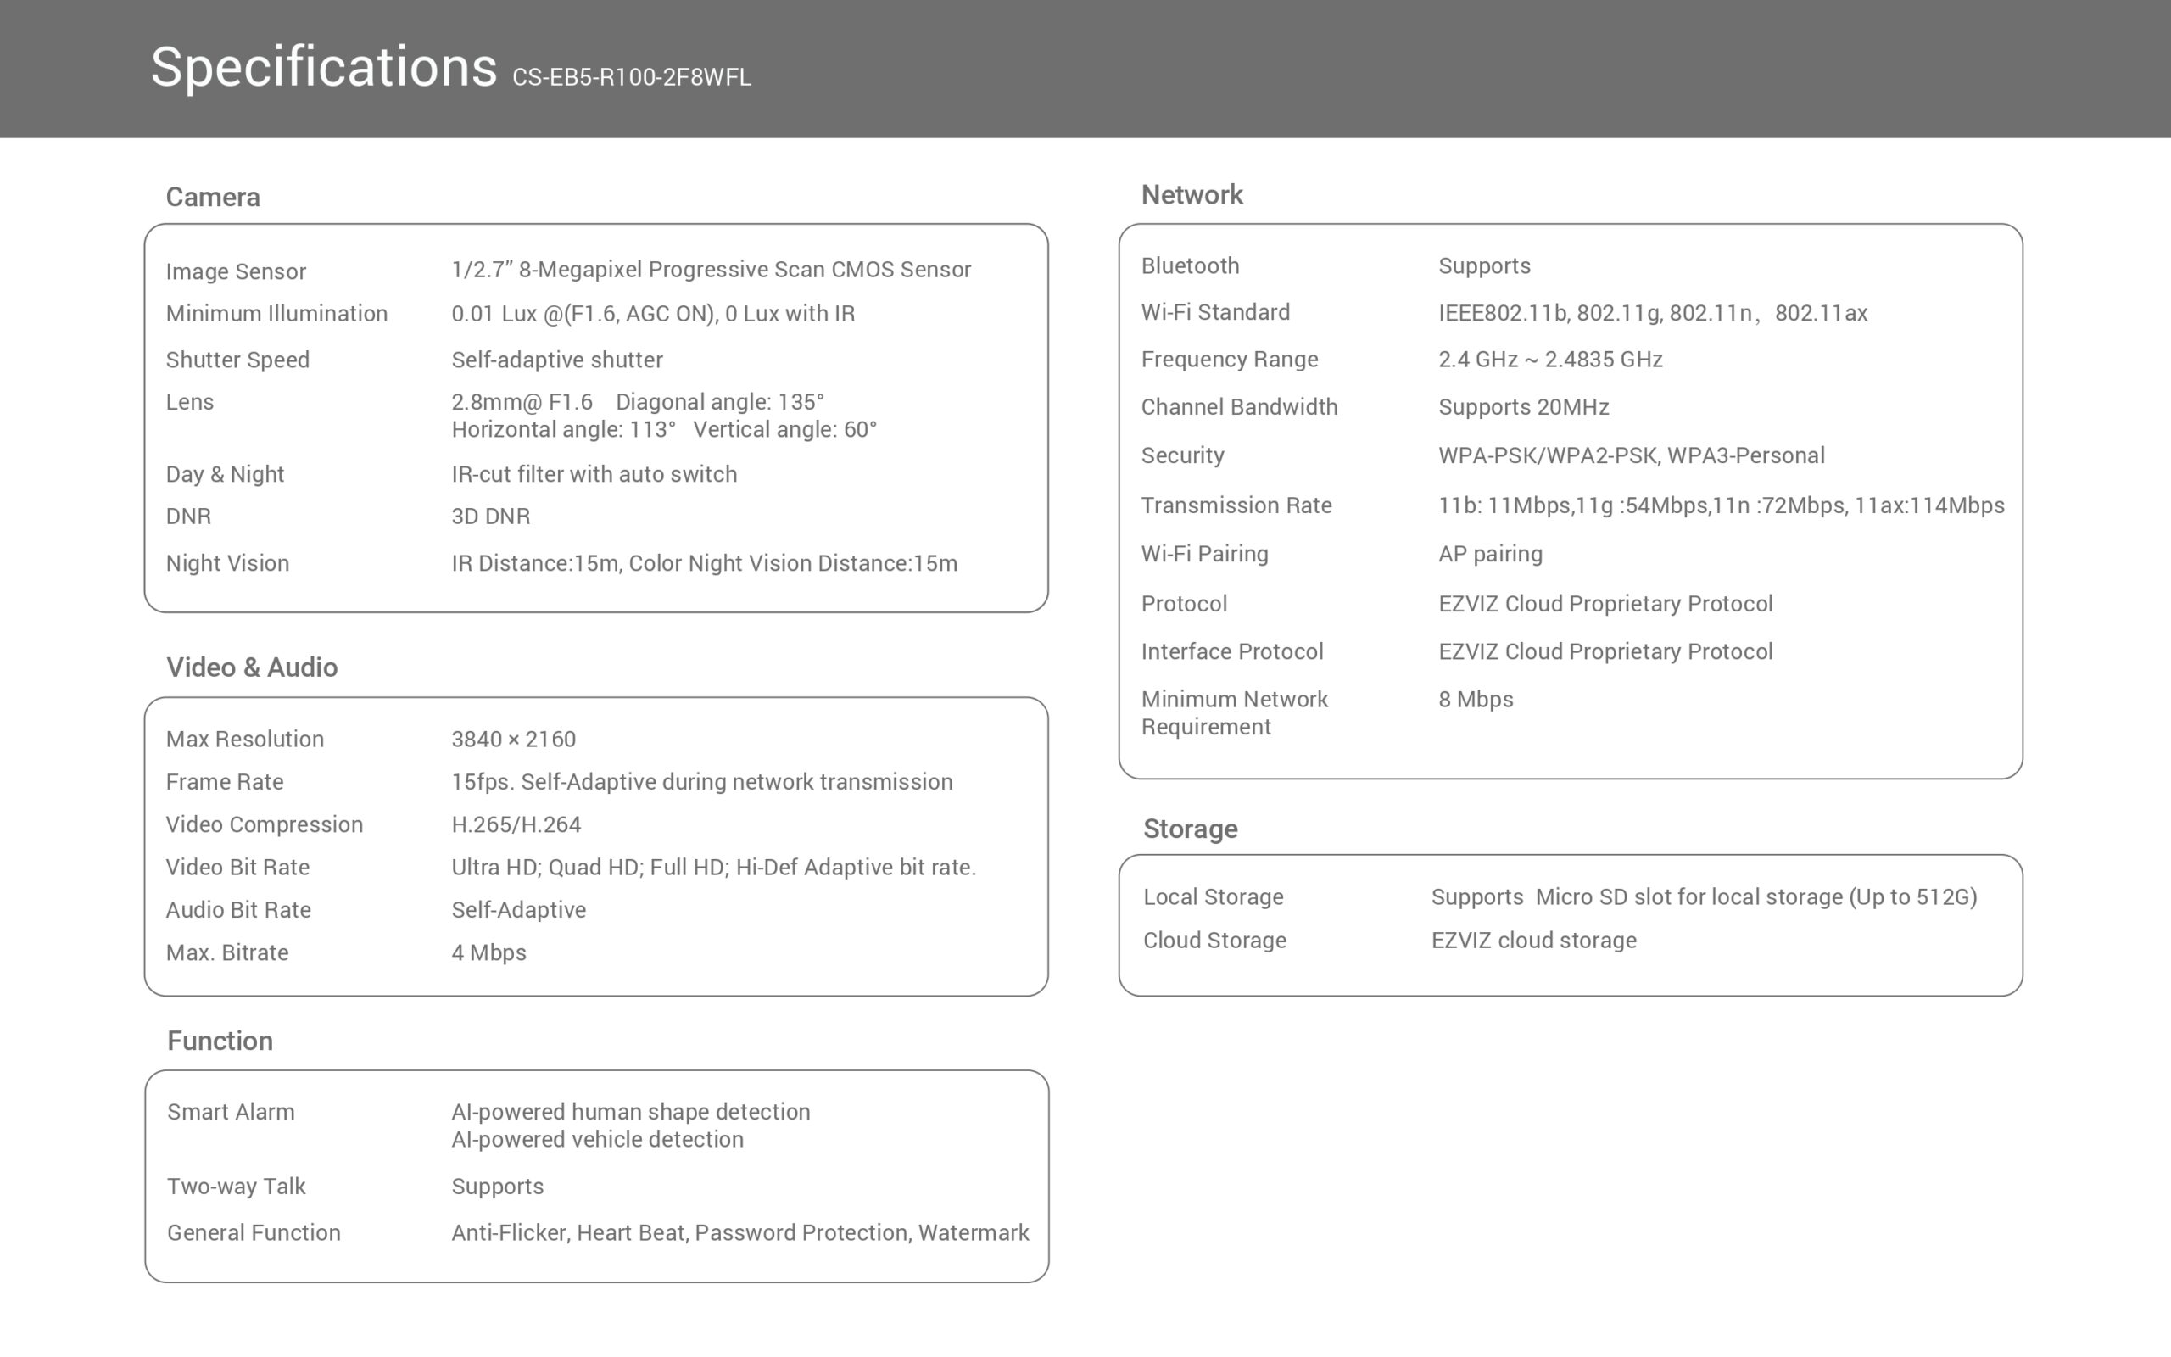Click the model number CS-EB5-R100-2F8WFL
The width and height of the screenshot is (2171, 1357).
(631, 77)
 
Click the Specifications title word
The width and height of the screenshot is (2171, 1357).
(323, 67)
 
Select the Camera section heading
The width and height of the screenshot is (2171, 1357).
(213, 197)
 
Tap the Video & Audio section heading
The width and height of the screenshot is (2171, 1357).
(251, 667)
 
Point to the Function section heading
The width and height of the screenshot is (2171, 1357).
(220, 1040)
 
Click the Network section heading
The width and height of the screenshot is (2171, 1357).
(1192, 195)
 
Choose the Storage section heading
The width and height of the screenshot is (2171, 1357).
(1190, 829)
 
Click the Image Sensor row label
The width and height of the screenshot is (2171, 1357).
(235, 271)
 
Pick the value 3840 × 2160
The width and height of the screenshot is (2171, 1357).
(513, 739)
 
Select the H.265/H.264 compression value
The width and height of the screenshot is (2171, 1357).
(516, 824)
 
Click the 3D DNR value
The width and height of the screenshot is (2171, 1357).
(490, 516)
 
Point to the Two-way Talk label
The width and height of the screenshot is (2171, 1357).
(236, 1186)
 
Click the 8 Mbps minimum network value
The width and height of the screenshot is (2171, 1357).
(1475, 699)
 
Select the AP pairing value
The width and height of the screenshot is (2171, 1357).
(1490, 554)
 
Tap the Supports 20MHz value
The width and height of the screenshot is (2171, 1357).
(1523, 406)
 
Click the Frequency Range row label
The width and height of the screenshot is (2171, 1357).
(1229, 359)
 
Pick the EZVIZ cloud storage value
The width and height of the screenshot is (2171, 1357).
(1533, 940)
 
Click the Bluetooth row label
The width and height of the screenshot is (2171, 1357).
(1190, 265)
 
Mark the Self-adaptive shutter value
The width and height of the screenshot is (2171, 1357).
(556, 360)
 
